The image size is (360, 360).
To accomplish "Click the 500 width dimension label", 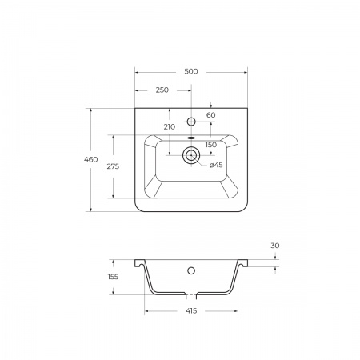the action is click(x=191, y=71).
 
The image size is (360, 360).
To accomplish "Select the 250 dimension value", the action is click(x=162, y=90).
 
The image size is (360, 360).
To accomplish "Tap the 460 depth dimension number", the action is click(x=91, y=159).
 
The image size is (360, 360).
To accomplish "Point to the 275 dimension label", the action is click(x=113, y=166).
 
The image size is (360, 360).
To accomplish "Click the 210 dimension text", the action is click(x=170, y=127).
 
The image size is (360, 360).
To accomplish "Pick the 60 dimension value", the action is click(x=211, y=115).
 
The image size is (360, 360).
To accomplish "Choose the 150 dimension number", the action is click(x=211, y=145).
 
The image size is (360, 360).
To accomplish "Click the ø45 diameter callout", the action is click(x=216, y=165).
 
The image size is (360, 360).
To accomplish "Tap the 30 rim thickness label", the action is click(x=275, y=246).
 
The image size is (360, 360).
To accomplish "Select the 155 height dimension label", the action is click(x=113, y=277).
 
